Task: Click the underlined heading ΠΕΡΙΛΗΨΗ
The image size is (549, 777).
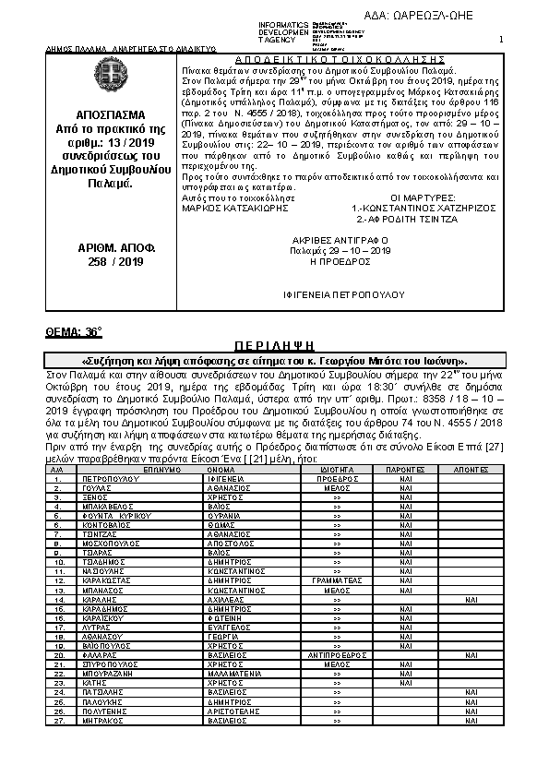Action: [274, 344]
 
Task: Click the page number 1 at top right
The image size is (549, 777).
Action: [500, 40]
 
